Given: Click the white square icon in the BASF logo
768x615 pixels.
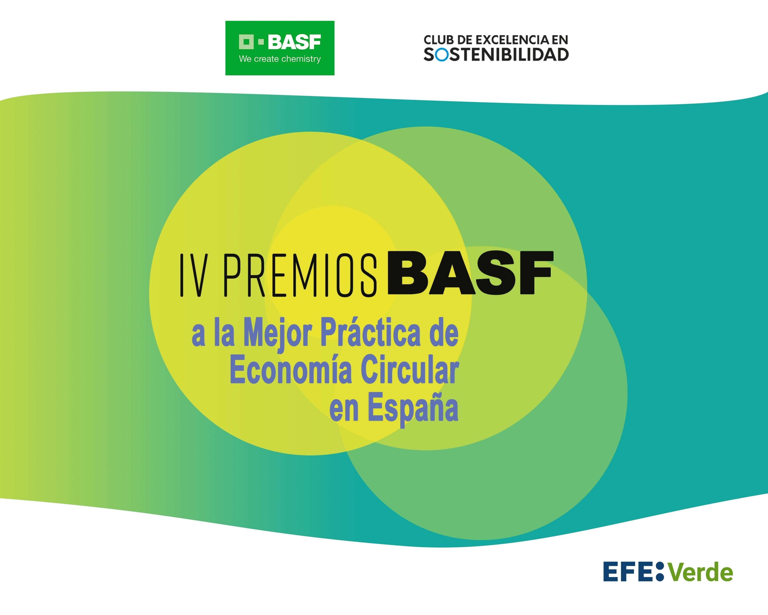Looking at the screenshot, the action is (x=246, y=42).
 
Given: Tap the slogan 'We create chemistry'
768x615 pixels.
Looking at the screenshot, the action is (x=280, y=59).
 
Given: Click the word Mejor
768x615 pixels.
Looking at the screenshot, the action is (x=278, y=333).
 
